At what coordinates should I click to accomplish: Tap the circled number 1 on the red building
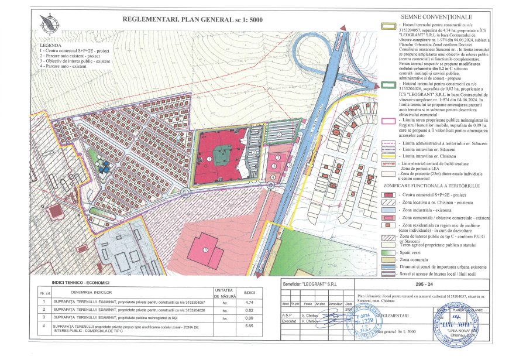point(209,159)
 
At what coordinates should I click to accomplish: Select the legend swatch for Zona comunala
point(387,259)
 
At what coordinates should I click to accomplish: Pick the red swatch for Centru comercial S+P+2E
point(387,194)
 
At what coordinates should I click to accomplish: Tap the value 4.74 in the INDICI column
point(249,302)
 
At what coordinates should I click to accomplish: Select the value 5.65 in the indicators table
point(249,325)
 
